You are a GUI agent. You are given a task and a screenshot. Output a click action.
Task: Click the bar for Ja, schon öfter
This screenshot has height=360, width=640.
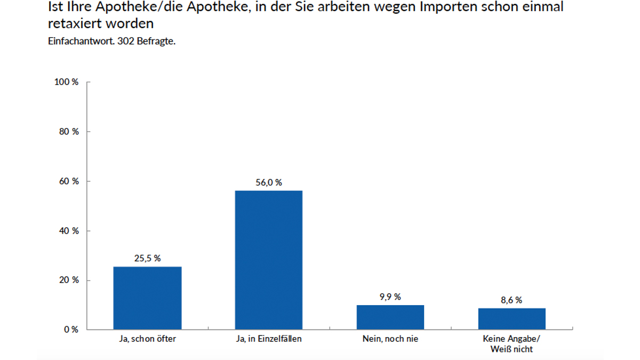(147, 298)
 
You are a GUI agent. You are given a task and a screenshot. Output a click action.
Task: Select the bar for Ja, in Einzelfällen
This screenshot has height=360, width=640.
(269, 260)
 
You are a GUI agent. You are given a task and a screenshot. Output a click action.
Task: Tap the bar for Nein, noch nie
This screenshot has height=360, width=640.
(390, 317)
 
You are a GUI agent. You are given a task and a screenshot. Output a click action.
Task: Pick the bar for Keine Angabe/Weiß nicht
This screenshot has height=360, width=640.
(512, 319)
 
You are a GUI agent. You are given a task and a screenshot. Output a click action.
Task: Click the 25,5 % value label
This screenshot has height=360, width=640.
(147, 258)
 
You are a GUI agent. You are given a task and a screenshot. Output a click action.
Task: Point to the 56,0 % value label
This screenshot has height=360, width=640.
(269, 182)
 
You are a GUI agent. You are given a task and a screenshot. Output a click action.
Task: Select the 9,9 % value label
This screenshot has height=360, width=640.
(390, 297)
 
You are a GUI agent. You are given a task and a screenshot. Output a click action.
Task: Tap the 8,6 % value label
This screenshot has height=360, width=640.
(512, 300)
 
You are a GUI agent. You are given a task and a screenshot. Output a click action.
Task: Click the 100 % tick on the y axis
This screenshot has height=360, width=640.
(66, 82)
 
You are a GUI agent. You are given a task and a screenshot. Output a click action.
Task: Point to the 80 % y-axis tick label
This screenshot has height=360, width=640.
(68, 132)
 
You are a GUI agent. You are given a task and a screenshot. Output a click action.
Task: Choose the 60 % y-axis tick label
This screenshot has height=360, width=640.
(68, 181)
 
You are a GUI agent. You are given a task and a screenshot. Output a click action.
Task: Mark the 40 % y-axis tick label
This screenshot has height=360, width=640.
(68, 231)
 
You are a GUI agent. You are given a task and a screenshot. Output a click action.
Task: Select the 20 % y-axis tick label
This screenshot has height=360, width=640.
(68, 280)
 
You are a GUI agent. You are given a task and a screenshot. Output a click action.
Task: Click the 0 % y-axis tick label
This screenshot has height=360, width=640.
(70, 330)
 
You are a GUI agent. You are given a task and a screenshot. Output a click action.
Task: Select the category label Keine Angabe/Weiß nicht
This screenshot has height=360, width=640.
(512, 344)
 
